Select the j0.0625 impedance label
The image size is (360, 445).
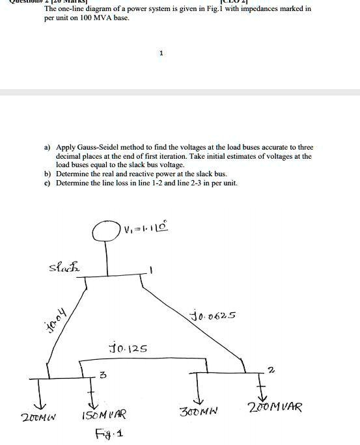pyautogui.click(x=213, y=316)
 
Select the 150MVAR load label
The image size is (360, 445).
pyautogui.click(x=105, y=414)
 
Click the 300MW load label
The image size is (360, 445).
pyautogui.click(x=199, y=411)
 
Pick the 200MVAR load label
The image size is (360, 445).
pyautogui.click(x=275, y=408)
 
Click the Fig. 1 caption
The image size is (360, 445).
pyautogui.click(x=109, y=433)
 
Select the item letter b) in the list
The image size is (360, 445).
pyautogui.click(x=47, y=174)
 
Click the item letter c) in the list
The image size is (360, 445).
pyautogui.click(x=47, y=183)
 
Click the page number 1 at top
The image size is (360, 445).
pyautogui.click(x=161, y=54)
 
